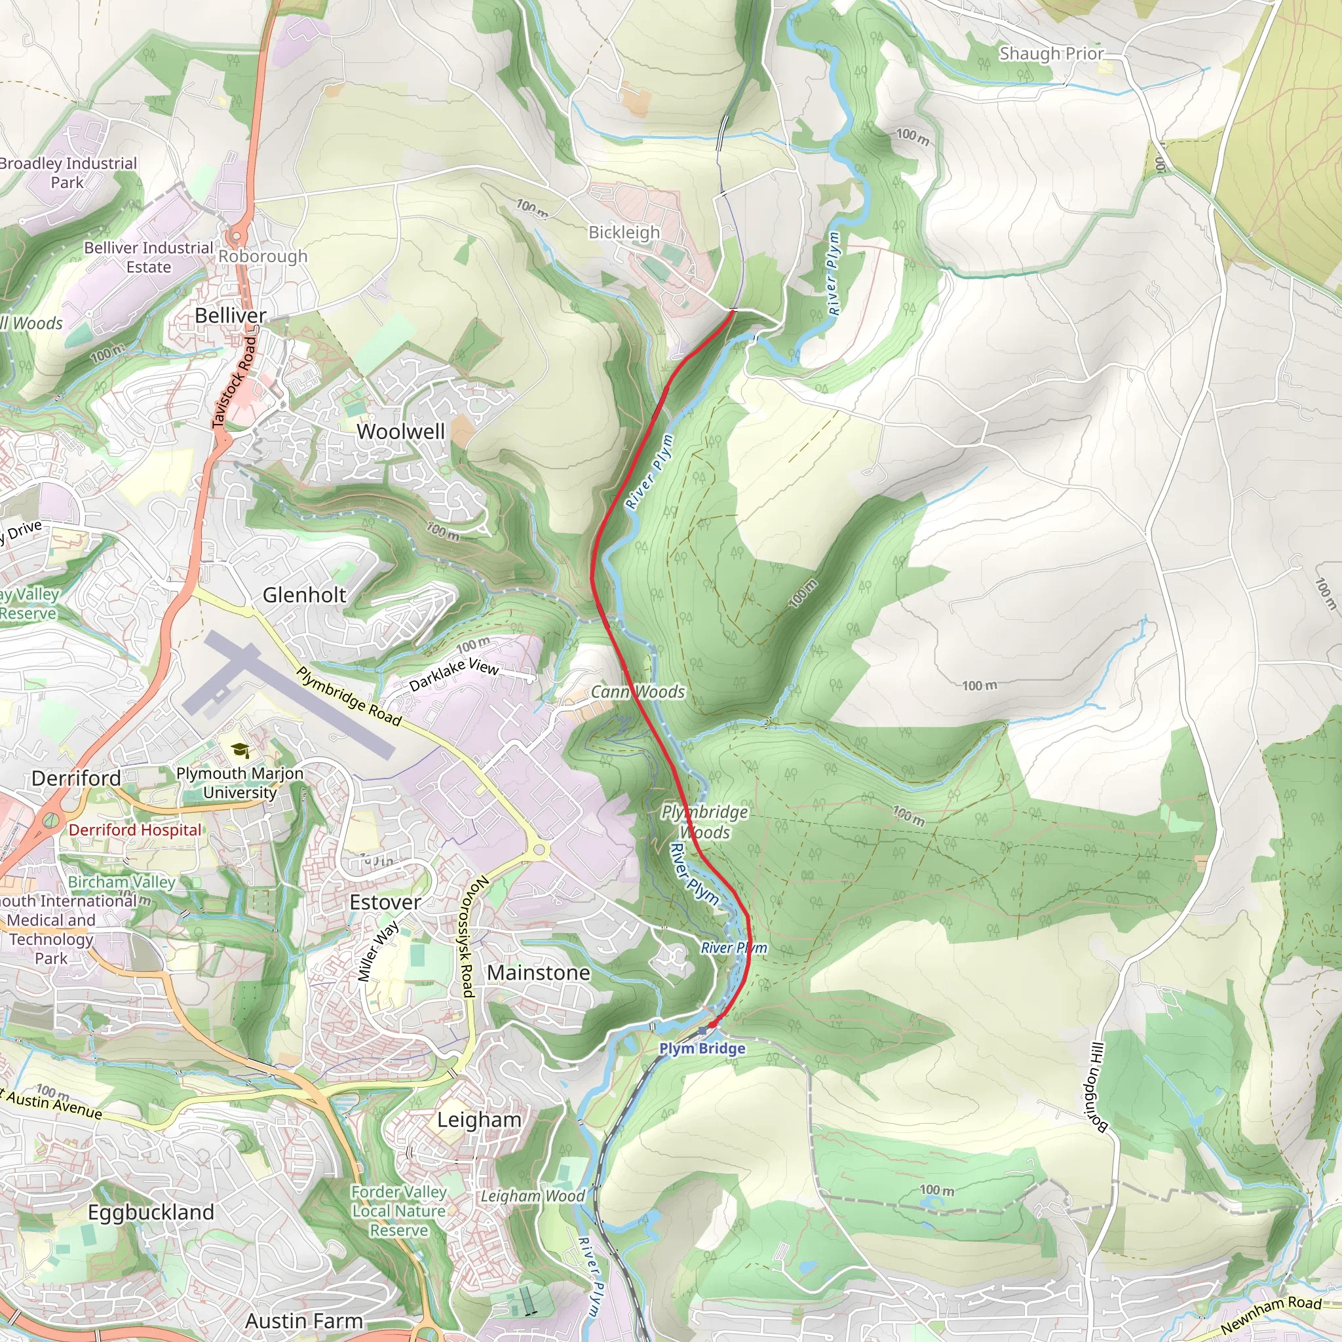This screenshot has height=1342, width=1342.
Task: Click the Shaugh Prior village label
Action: click(x=1051, y=54)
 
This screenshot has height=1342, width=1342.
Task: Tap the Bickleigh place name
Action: click(x=624, y=232)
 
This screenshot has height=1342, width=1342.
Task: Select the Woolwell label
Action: click(x=400, y=431)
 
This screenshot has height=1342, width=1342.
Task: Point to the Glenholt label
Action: click(x=304, y=594)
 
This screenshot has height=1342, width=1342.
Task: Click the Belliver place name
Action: click(x=230, y=315)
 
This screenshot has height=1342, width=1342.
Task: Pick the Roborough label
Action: click(x=263, y=256)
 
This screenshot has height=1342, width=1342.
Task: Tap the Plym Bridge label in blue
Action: click(x=702, y=1048)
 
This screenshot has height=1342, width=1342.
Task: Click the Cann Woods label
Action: click(x=638, y=692)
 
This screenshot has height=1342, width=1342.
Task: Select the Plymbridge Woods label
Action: click(x=704, y=822)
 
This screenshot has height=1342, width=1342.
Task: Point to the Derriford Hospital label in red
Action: click(x=135, y=830)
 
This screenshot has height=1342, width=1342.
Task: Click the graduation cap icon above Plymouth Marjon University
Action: click(x=240, y=750)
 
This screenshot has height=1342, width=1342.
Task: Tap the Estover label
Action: click(x=385, y=902)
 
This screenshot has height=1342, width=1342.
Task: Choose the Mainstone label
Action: click(x=539, y=972)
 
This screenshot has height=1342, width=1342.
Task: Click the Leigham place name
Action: click(x=478, y=1120)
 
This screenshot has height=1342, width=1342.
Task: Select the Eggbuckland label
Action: click(x=151, y=1212)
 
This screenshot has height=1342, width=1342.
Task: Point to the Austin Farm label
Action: click(x=303, y=1320)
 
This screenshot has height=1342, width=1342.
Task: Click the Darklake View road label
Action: click(x=453, y=674)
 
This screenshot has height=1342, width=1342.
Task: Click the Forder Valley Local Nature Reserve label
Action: click(x=398, y=1211)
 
